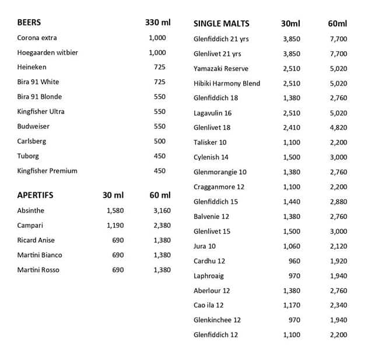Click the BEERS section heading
point(29,23)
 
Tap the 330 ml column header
point(157,23)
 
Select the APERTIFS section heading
point(35,195)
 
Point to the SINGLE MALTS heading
point(221,24)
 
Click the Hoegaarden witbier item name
point(47,52)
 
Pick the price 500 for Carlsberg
point(159,141)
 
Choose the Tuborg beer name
point(27,156)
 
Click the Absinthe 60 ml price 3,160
point(162,210)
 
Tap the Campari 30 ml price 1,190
point(115,225)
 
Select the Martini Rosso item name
point(38,270)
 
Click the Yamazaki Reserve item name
point(221,69)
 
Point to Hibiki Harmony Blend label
point(227,83)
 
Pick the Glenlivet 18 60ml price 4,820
point(338,128)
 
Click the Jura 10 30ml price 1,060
point(292,246)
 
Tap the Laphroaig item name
point(209,276)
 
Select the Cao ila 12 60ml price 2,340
point(338,305)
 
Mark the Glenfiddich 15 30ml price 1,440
point(292,202)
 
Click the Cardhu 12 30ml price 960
point(294,261)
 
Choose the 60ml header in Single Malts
point(337,24)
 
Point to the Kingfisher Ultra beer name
point(41,111)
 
